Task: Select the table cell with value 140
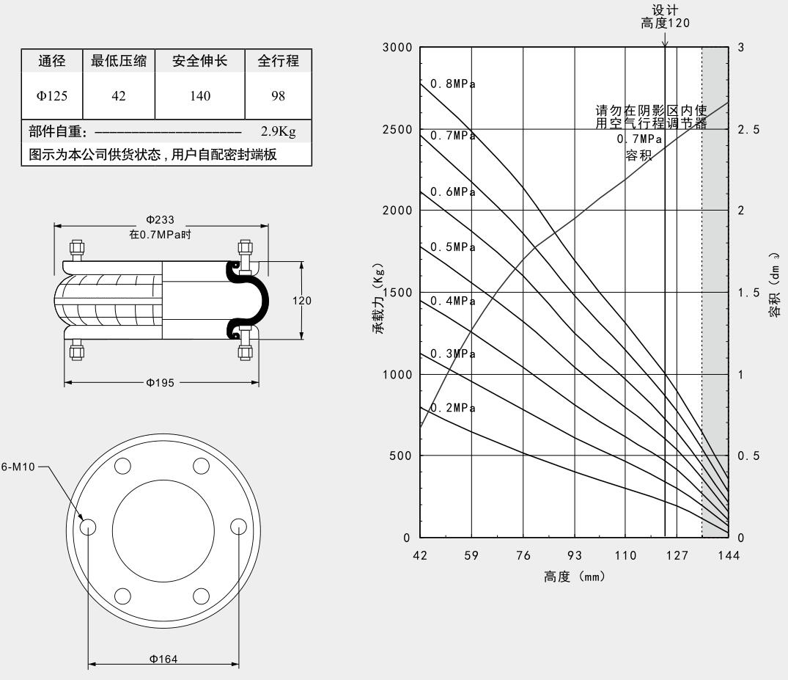click(199, 96)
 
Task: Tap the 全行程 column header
click(279, 62)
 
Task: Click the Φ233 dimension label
click(161, 220)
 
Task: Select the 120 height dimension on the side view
click(303, 301)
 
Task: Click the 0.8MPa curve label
click(452, 84)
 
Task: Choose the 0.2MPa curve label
click(452, 409)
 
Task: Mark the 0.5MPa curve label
click(452, 247)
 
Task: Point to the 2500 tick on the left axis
click(399, 129)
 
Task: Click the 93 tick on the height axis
click(574, 555)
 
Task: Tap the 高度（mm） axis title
click(574, 577)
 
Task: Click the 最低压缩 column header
click(119, 62)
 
